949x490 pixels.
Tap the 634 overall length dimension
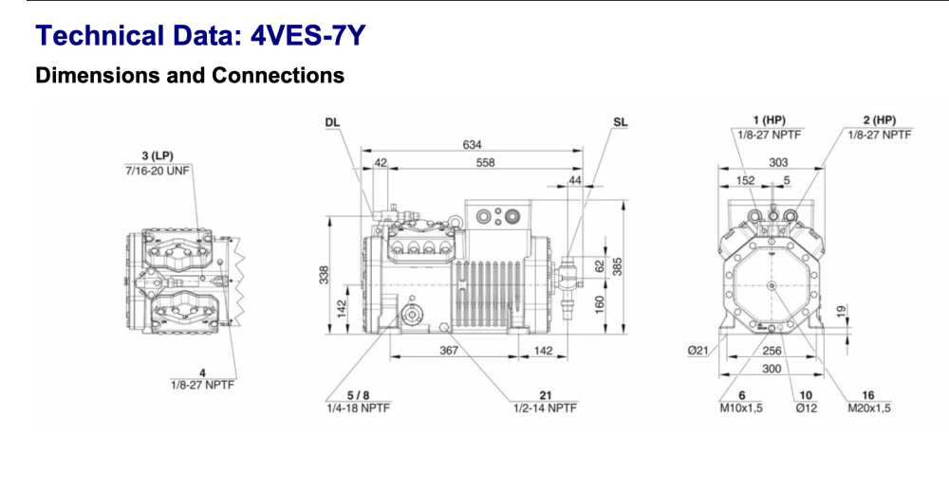pyautogui.click(x=472, y=145)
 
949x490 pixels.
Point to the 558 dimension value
pyautogui.click(x=485, y=162)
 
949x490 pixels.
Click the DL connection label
pyautogui.click(x=331, y=123)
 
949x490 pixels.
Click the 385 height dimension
pyautogui.click(x=618, y=266)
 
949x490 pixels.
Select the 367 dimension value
pyautogui.click(x=449, y=351)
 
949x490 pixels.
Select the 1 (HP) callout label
pyautogui.click(x=769, y=119)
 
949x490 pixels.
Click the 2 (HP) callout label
pyautogui.click(x=880, y=119)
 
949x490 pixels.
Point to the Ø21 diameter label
pyautogui.click(x=698, y=352)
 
